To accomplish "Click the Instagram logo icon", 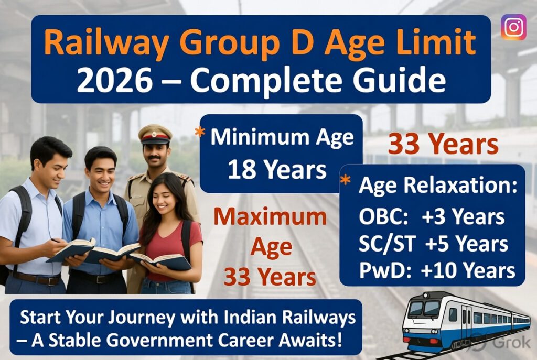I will pos(513,27).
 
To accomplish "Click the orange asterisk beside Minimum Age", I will pos(200,133).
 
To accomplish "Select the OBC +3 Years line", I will pos(432,217).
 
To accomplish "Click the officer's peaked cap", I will pos(155,134).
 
